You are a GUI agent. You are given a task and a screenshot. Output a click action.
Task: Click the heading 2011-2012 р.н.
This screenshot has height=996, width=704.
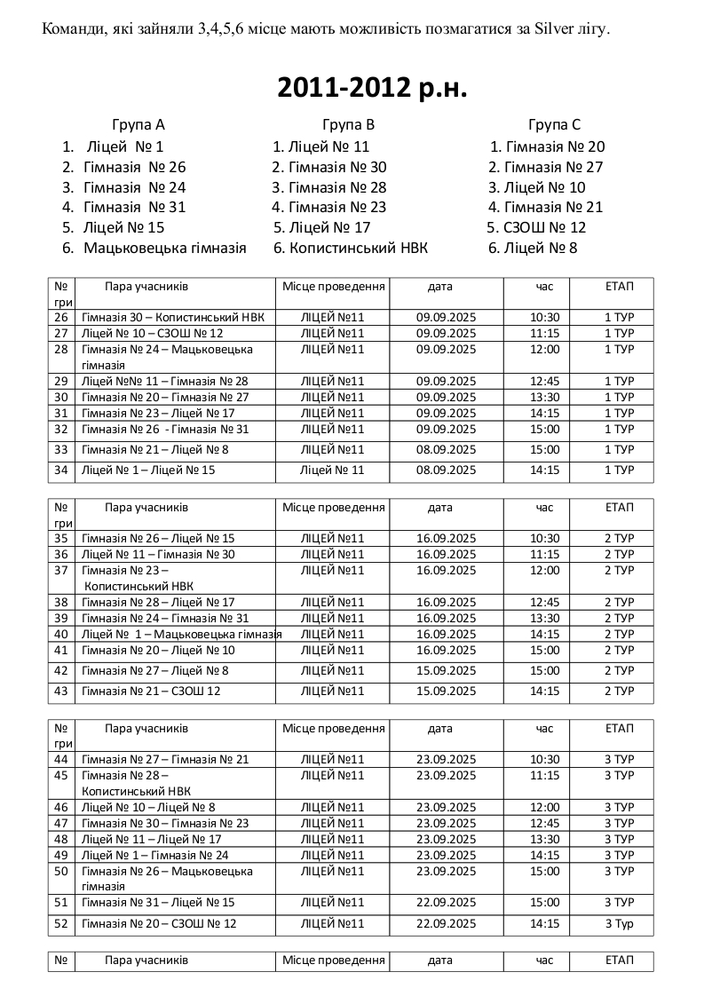(372, 88)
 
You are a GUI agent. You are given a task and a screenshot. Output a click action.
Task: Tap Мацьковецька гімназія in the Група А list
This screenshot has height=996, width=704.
(165, 248)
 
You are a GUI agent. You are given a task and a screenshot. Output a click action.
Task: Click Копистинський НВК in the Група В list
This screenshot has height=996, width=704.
(359, 248)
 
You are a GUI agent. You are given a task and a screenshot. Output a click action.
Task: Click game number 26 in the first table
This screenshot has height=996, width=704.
(61, 317)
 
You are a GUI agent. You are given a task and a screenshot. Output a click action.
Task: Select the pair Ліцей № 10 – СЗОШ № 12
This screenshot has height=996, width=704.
(152, 333)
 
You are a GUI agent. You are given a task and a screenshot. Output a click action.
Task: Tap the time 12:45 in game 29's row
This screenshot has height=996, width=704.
(544, 381)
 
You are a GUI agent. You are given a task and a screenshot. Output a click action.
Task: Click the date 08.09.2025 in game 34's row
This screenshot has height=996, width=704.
(447, 470)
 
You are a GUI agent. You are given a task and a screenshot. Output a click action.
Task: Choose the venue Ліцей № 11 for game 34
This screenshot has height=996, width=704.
(332, 470)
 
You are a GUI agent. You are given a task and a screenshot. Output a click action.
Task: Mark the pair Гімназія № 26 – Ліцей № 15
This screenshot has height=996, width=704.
(158, 538)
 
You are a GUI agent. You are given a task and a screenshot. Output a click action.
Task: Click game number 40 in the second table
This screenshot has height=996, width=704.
(61, 634)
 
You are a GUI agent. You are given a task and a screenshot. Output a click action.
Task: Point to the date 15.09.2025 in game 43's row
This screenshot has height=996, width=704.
(447, 691)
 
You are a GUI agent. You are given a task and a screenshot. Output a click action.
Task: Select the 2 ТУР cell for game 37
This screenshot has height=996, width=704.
(619, 570)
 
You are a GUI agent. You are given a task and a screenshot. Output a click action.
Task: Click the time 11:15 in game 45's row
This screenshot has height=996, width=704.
(544, 775)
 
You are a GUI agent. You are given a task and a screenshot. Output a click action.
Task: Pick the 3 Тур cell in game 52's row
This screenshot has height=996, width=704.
(619, 923)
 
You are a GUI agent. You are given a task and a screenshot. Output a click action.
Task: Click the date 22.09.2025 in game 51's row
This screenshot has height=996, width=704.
(447, 902)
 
